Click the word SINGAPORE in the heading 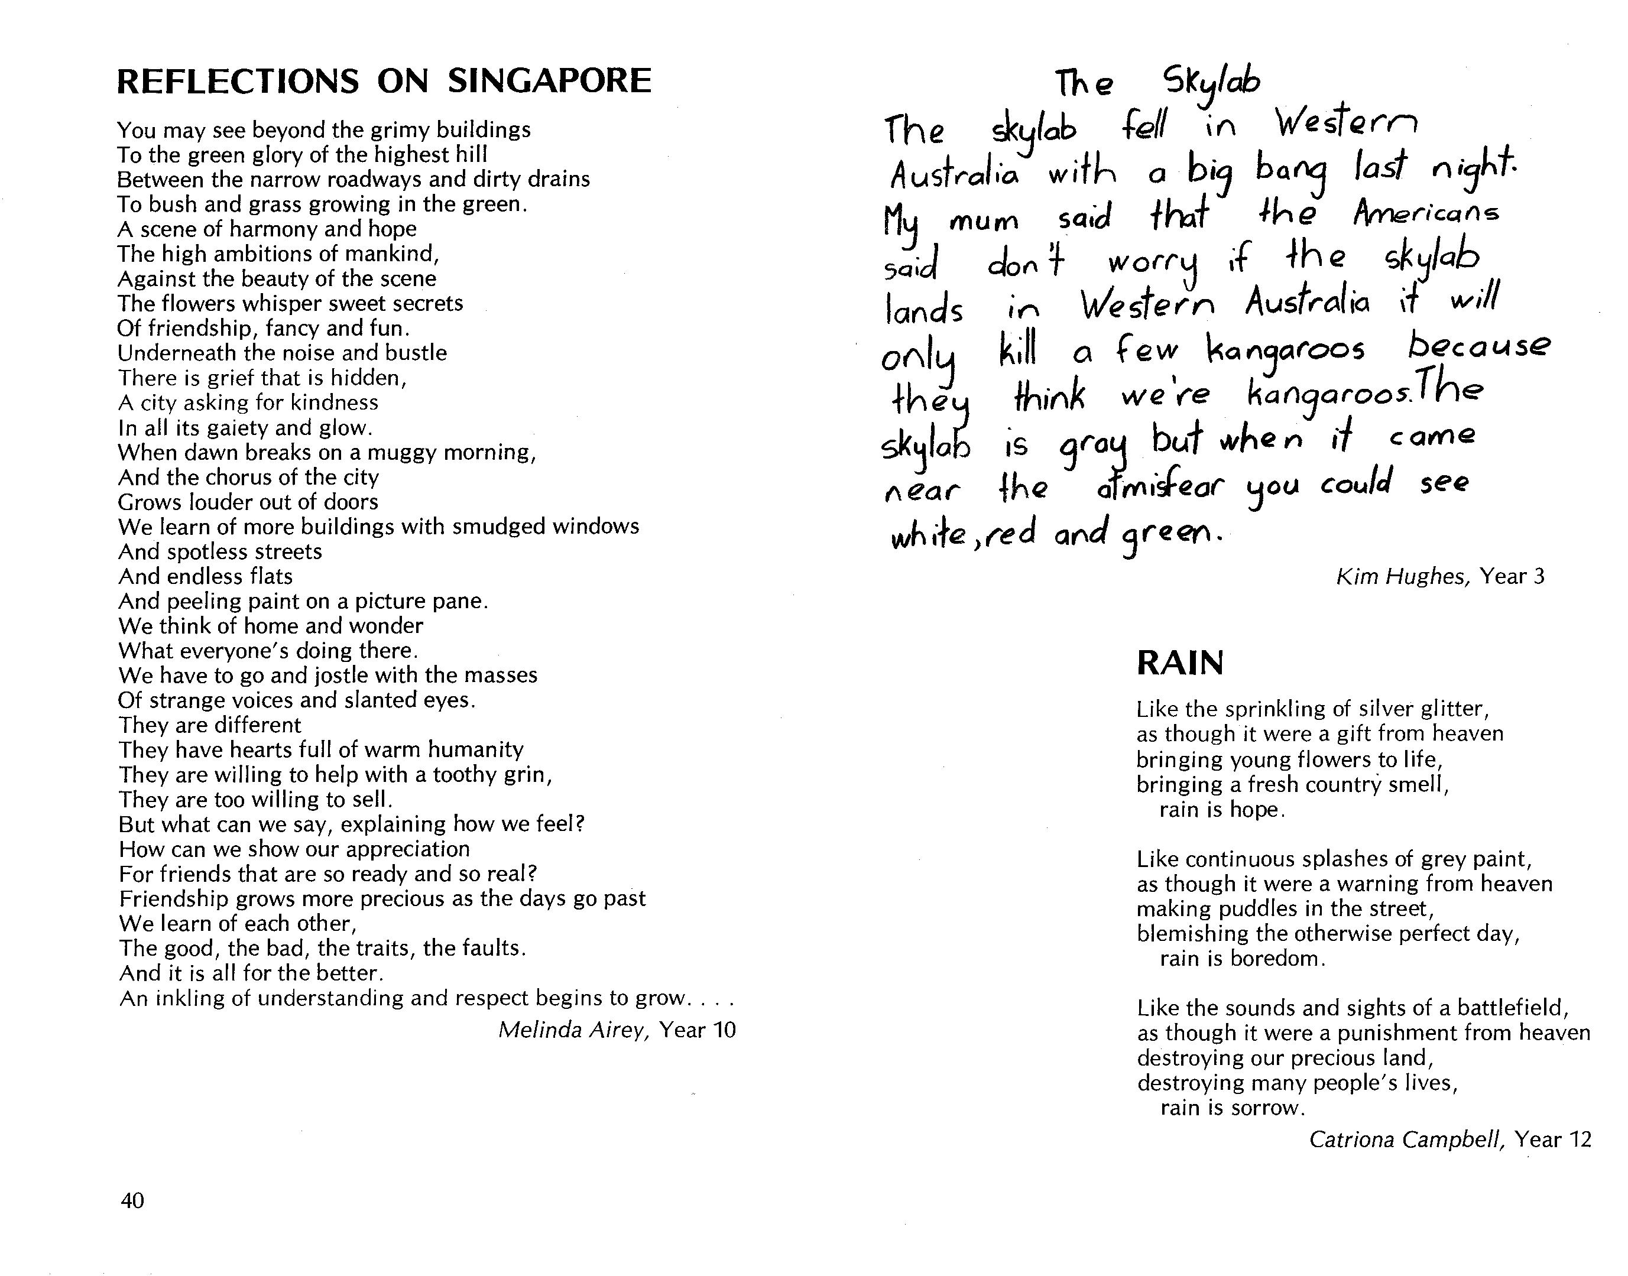click(x=549, y=81)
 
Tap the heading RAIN click(x=1180, y=663)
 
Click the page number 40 click(x=132, y=1200)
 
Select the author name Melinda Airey click(x=572, y=1030)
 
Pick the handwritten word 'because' click(x=1478, y=346)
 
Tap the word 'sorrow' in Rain click(x=1267, y=1108)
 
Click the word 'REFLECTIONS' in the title click(x=238, y=81)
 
